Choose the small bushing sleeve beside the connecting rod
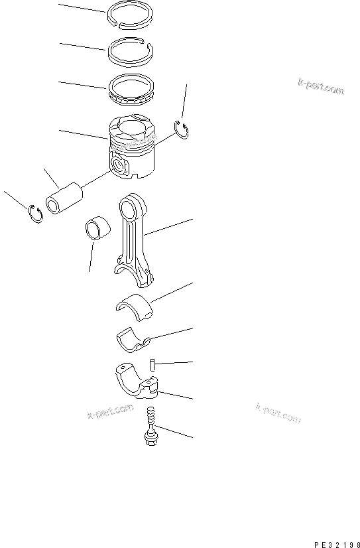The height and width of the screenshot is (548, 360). (97, 229)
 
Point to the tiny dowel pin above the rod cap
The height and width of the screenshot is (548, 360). (152, 364)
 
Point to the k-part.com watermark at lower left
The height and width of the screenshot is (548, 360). (110, 412)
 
